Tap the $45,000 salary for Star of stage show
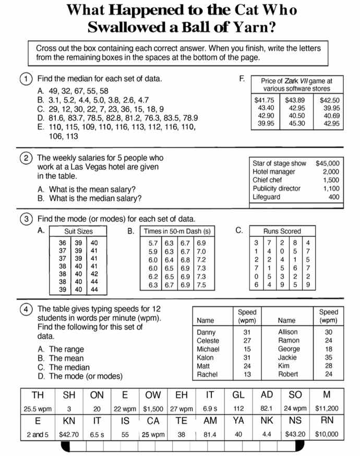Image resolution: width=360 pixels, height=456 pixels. coord(327,163)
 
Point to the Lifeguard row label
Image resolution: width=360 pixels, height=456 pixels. coord(267,197)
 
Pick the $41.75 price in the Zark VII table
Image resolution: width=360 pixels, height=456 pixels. coord(264,100)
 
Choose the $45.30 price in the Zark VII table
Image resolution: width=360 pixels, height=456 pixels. coord(297,124)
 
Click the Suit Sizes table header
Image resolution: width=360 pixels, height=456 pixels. coord(78,231)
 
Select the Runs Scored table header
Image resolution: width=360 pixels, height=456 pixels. coord(282,231)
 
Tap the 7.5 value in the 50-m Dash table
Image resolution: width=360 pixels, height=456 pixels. coord(201,285)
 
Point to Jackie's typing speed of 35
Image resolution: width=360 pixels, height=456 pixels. coord(328,358)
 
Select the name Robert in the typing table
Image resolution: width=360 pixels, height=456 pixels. coord(288,374)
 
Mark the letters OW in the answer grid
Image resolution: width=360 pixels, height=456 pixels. coord(153,395)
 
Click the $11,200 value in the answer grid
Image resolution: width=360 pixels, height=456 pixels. coord(327,408)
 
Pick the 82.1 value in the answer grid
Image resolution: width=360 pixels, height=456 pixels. coord(267,408)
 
